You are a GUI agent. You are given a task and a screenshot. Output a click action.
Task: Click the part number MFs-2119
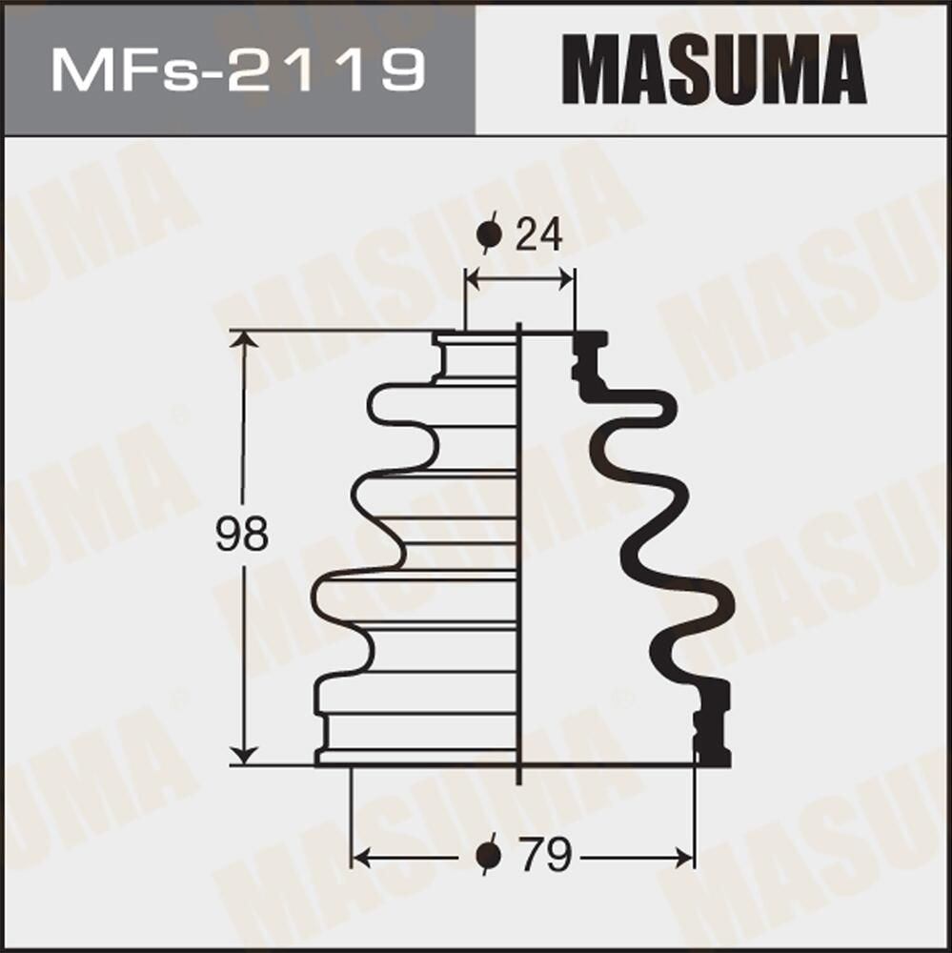(237, 71)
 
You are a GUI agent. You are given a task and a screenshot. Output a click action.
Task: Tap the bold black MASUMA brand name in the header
(714, 70)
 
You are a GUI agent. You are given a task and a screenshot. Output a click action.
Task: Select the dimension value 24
(538, 234)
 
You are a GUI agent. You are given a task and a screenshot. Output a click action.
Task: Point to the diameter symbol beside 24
(490, 234)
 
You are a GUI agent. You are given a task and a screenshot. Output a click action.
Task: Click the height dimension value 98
(241, 536)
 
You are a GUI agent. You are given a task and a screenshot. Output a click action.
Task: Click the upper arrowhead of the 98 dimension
(245, 340)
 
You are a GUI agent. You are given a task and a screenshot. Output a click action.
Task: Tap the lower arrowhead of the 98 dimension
(245, 756)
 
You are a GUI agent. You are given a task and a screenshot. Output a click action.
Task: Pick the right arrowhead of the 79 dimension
(685, 858)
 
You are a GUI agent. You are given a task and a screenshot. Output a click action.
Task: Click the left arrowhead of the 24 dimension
(474, 279)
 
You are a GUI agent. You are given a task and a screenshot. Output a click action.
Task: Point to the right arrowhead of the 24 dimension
(566, 279)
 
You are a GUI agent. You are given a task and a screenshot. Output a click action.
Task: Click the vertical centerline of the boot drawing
(519, 553)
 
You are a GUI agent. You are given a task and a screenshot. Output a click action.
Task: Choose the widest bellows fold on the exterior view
(419, 600)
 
